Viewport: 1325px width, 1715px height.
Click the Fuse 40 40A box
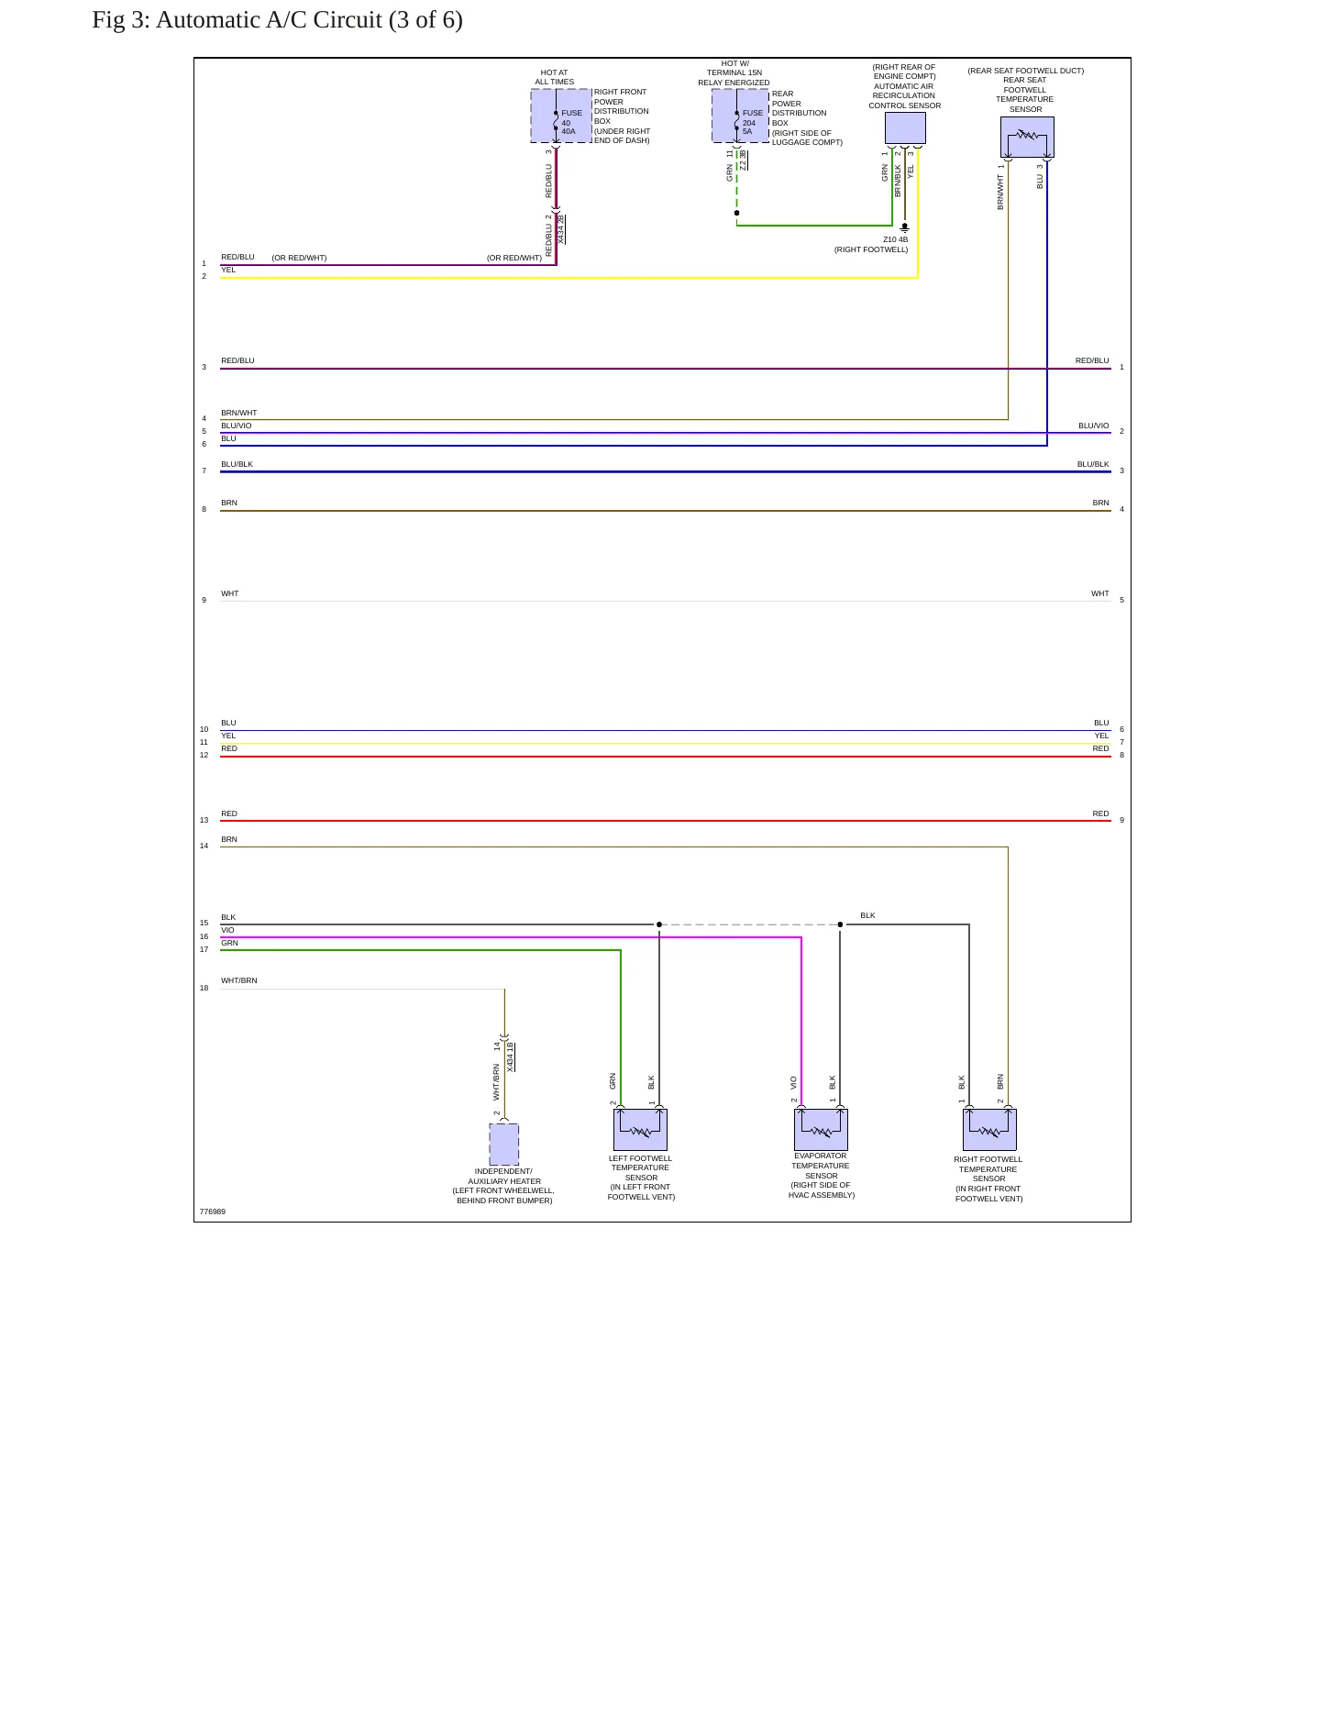561,116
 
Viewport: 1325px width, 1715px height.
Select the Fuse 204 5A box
741,116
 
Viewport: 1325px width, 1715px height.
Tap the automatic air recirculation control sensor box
905,127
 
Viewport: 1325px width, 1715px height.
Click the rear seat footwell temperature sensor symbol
1027,137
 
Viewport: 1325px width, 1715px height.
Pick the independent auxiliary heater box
504,1145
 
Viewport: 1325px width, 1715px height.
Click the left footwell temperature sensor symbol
640,1129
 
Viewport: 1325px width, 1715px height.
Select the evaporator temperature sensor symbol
821,1129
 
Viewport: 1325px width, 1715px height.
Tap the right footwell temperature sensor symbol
989,1129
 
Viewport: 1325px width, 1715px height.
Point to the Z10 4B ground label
896,239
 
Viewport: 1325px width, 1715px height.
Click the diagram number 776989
212,1212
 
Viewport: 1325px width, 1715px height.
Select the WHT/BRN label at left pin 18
239,980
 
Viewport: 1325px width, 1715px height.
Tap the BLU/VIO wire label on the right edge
1094,426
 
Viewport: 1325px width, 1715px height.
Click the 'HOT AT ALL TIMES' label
555,77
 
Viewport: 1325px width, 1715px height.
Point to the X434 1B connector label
510,1057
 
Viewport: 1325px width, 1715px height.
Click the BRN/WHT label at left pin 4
239,413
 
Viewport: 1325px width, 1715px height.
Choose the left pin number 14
204,846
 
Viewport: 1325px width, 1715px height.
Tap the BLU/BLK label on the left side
237,464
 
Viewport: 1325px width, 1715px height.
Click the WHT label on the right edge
1100,593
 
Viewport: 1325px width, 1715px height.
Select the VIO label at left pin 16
227,930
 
